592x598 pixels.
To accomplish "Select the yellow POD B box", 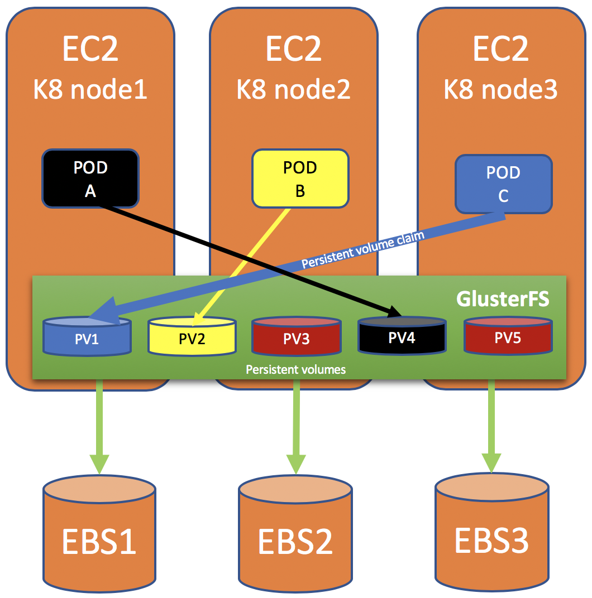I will point(300,178).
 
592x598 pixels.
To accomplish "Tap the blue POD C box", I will point(503,184).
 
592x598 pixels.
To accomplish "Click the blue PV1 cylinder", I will point(87,337).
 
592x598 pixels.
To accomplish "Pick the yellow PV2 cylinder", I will point(192,337).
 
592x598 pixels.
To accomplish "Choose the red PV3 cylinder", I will point(296,337).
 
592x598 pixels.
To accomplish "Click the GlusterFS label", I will point(503,299).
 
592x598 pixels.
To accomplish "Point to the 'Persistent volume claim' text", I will point(363,250).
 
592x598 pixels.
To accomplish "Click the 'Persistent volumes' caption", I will point(295,369).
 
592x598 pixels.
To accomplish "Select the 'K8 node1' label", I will point(90,89).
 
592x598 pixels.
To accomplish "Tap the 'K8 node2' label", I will point(294,89).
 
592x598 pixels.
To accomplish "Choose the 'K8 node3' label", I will point(500,89).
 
